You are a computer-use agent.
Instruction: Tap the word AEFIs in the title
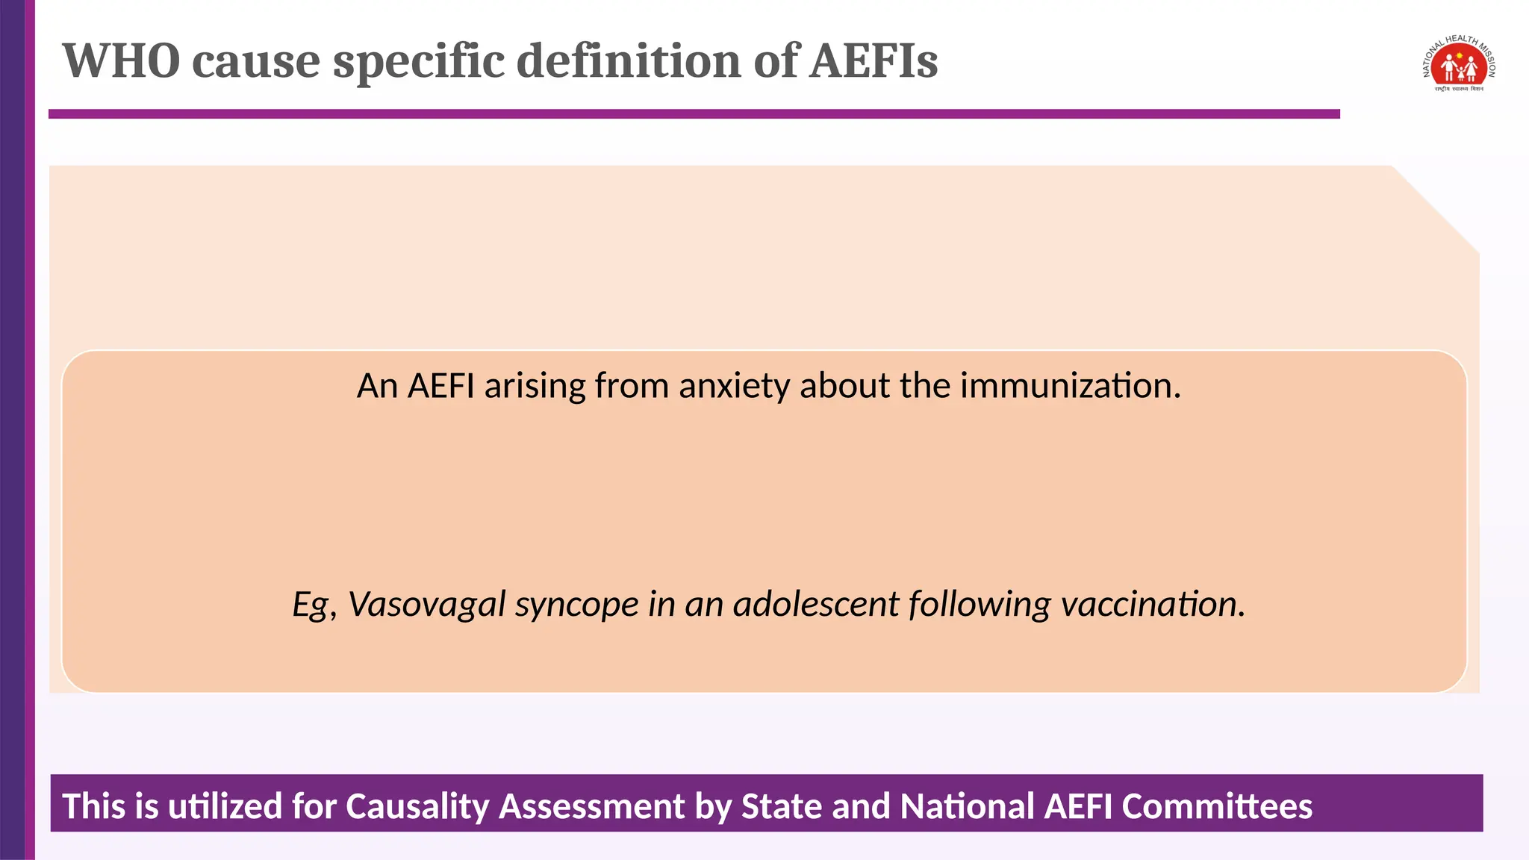pyautogui.click(x=874, y=61)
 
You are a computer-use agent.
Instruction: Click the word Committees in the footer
pyautogui.click(x=1216, y=807)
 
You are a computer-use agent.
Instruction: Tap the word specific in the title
pyautogui.click(x=418, y=61)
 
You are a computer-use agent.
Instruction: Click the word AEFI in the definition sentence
pyautogui.click(x=441, y=387)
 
